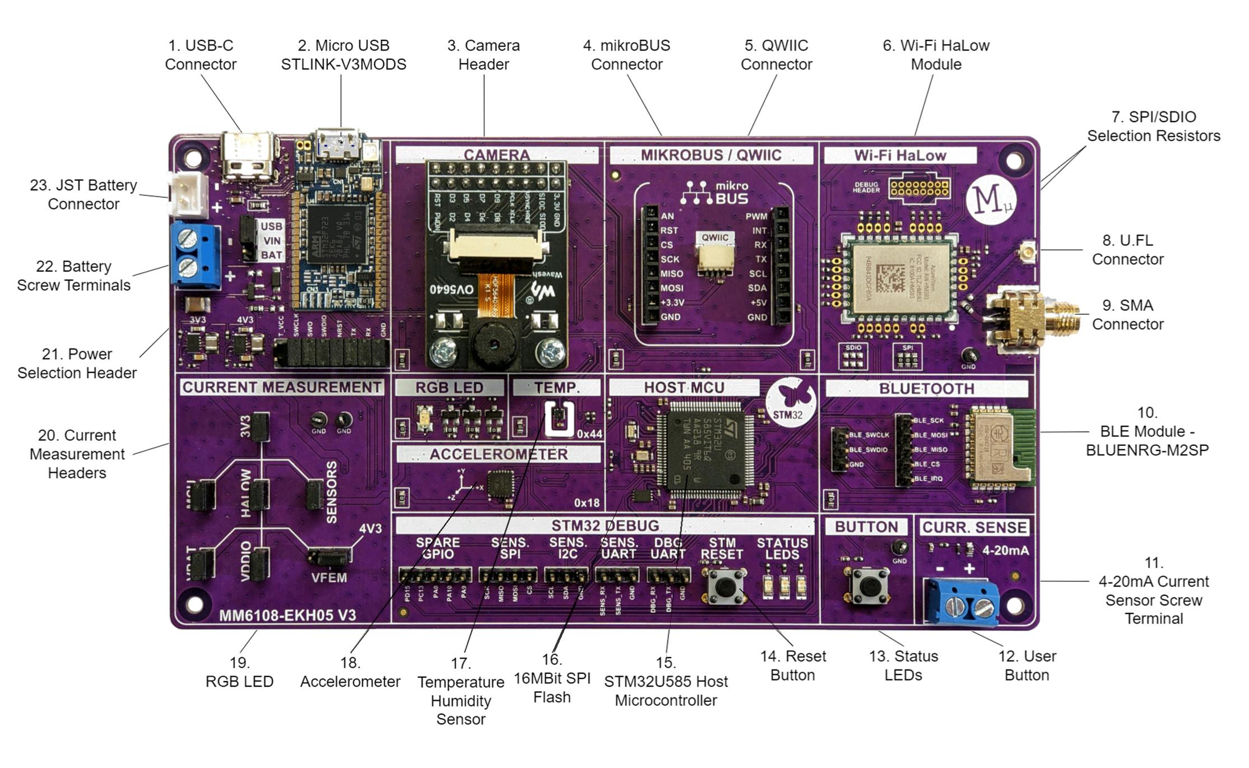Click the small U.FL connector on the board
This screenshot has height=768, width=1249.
tap(1029, 253)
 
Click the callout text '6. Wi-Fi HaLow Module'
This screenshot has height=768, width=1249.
tap(935, 54)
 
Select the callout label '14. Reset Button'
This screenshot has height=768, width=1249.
tap(792, 665)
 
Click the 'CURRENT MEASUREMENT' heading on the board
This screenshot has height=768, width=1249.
tap(282, 387)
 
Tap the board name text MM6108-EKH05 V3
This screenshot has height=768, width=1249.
tap(287, 615)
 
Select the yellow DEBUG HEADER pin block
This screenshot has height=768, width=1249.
tap(920, 187)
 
